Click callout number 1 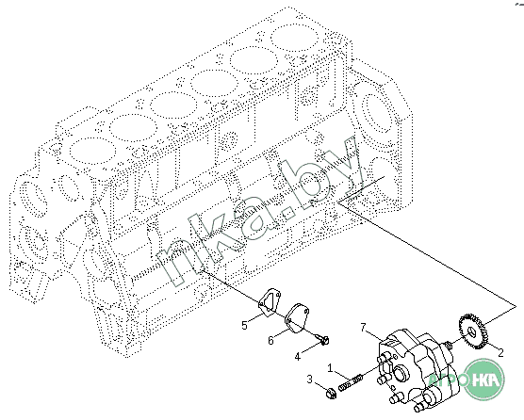click(x=330, y=368)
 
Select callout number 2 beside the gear click(x=500, y=352)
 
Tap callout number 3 click(x=310, y=380)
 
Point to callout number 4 click(x=298, y=357)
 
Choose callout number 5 click(x=244, y=325)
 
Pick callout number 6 click(x=270, y=340)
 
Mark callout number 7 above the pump click(x=364, y=327)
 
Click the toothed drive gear click(x=473, y=331)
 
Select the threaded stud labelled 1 click(x=351, y=382)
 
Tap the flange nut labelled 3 click(x=331, y=394)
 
